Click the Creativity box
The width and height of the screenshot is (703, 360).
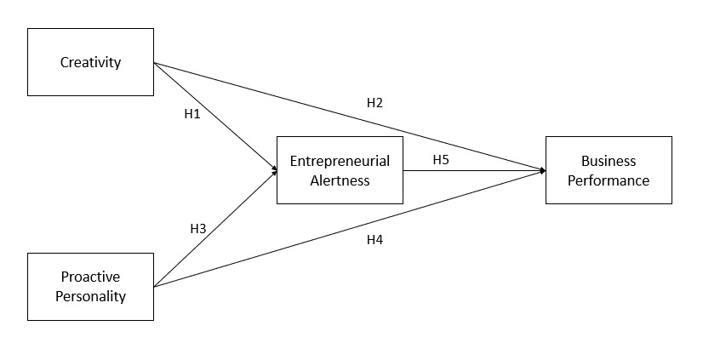(x=91, y=62)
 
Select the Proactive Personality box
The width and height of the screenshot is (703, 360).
(x=91, y=286)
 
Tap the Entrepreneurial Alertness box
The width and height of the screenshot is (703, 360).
(x=340, y=169)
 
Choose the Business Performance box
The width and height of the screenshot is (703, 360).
(x=609, y=169)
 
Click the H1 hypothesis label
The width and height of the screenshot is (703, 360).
(x=192, y=113)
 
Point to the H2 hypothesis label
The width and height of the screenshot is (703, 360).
(x=374, y=102)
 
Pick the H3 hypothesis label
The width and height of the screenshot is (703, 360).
(x=198, y=228)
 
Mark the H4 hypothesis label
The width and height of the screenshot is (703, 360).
(x=374, y=239)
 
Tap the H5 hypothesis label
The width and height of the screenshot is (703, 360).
(x=441, y=159)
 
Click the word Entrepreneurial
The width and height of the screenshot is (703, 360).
(x=340, y=160)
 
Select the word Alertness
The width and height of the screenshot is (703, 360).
(x=340, y=180)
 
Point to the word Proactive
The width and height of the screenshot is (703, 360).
(x=91, y=277)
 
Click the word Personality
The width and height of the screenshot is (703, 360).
(x=91, y=296)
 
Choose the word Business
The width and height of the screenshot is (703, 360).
(x=609, y=160)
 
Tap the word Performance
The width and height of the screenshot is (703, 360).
(x=609, y=180)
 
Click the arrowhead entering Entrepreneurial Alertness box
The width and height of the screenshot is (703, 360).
(x=274, y=170)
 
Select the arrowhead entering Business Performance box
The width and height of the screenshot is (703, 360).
(x=542, y=170)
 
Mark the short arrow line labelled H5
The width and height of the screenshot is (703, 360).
(x=473, y=170)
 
